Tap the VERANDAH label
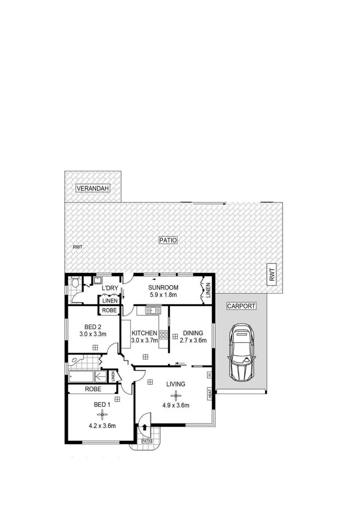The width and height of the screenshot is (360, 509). [93, 189]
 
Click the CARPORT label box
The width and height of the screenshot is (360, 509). [241, 306]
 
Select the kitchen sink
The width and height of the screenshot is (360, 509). [153, 310]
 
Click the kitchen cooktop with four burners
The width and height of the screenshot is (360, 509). [164, 336]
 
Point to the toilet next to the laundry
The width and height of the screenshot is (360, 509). [76, 283]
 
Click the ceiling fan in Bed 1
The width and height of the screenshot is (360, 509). [102, 414]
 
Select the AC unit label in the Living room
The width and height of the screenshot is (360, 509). [209, 375]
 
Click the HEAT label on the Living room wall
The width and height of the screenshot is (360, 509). [209, 394]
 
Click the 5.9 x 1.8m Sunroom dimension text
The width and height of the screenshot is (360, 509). [163, 295]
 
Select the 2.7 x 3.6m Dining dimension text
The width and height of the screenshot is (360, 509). [193, 340]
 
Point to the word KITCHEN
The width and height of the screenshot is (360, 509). [144, 333]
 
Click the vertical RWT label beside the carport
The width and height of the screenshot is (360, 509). [272, 274]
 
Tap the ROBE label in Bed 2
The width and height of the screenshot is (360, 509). [109, 310]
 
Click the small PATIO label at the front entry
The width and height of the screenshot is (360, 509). [147, 442]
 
